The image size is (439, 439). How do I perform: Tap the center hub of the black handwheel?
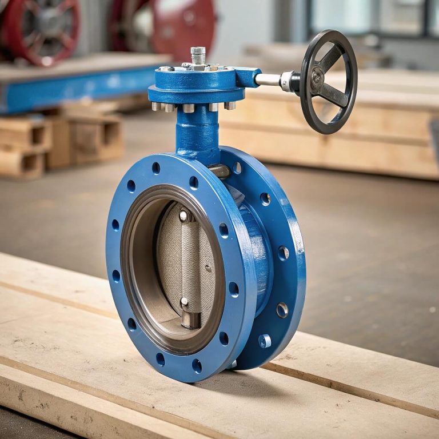317,77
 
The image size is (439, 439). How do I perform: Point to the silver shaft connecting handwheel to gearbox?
268,79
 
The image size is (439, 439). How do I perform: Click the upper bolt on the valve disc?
183,215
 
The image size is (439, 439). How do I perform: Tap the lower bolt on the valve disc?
184,301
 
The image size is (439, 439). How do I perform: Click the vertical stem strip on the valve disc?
190,260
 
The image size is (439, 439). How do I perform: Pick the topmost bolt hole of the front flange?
156,167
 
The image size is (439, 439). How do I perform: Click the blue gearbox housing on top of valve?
197,86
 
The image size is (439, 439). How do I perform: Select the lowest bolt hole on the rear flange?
264,341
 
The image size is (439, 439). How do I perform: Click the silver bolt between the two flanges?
219,170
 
